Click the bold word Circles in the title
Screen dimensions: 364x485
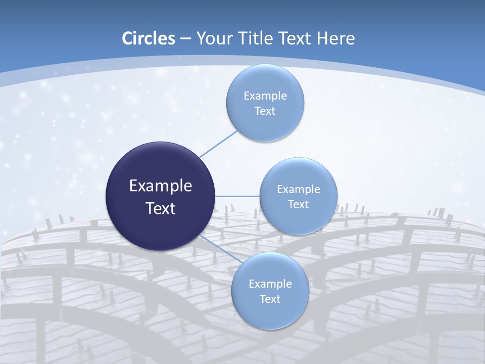149,38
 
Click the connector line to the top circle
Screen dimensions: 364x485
218,144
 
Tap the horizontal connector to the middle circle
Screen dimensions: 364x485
237,196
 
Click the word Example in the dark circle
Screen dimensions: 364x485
161,186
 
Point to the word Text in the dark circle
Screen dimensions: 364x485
161,208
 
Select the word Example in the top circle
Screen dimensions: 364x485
265,96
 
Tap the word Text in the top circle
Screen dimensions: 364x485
265,111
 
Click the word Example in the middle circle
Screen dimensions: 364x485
299,190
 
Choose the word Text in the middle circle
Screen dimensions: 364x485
299,205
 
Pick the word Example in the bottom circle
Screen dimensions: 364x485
270,284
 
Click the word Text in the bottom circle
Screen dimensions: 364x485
270,299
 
